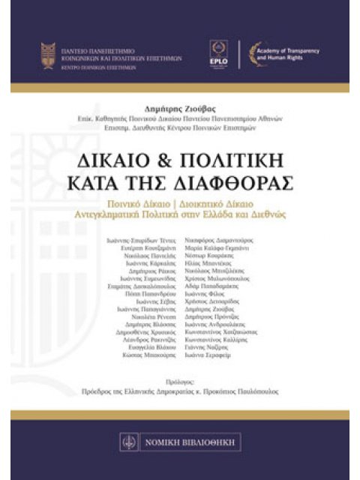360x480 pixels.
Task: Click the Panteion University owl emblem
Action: click(x=49, y=56)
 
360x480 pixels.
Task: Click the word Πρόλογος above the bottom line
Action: click(x=180, y=382)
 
